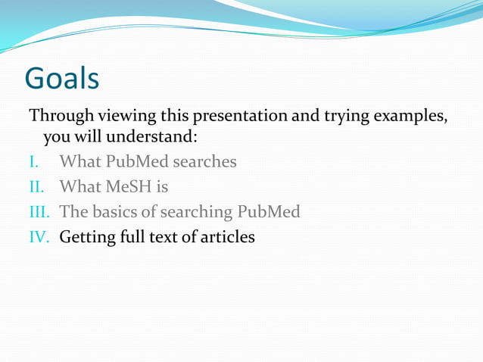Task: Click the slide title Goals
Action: click(62, 78)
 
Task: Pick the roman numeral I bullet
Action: click(33, 162)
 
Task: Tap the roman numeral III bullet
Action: click(39, 212)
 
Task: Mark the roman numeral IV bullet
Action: click(39, 237)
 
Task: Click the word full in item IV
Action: click(128, 237)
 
